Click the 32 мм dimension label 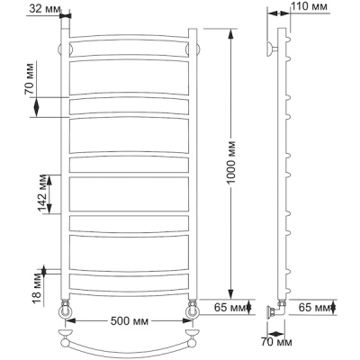(x=45, y=9)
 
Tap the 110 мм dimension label (x=310, y=6)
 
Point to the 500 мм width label (x=130, y=321)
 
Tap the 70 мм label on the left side (x=30, y=79)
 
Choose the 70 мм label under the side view (x=275, y=342)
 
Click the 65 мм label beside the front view (x=229, y=307)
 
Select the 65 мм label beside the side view (x=314, y=307)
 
